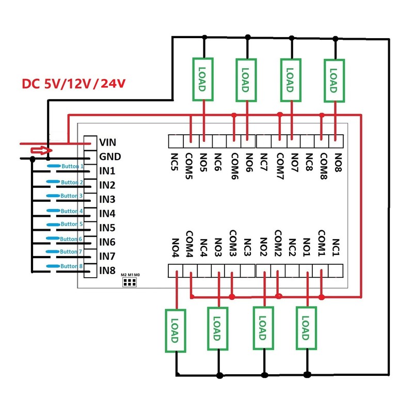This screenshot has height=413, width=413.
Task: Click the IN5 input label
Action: point(107,228)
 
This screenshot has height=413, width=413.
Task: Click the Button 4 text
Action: point(72,211)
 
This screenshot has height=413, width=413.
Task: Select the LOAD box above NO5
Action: point(203,78)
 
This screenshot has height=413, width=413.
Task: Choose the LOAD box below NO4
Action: point(174,331)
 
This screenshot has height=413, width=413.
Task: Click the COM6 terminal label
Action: point(235,165)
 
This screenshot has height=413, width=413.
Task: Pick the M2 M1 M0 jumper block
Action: point(129,282)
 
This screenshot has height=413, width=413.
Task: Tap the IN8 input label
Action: point(107,270)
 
